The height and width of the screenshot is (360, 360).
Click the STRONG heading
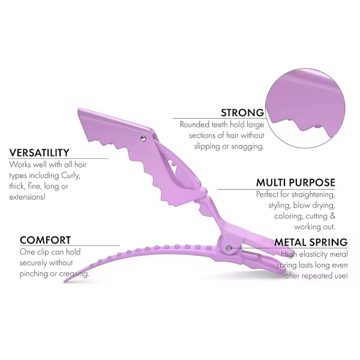242,112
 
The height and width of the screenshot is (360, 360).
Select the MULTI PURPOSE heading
295,182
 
